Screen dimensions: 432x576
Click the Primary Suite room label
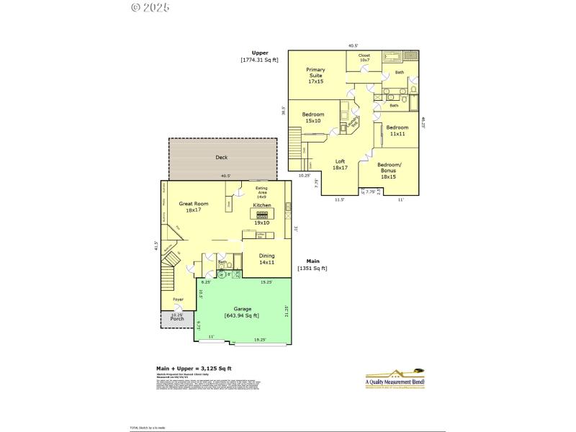pyautogui.click(x=315, y=76)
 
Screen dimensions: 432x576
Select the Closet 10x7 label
pyautogui.click(x=364, y=57)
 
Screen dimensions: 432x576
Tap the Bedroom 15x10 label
pyautogui.click(x=312, y=118)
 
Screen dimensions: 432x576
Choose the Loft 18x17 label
pyautogui.click(x=341, y=164)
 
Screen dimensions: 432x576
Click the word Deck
pyautogui.click(x=222, y=157)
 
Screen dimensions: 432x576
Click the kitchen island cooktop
pyautogui.click(x=261, y=214)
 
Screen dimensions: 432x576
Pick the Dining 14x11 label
pyautogui.click(x=266, y=258)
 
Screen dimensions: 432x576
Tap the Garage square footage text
pyautogui.click(x=241, y=315)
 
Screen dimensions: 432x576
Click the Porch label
pyautogui.click(x=176, y=318)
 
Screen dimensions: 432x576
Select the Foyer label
pyautogui.click(x=178, y=300)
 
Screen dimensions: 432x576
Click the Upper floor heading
pyautogui.click(x=259, y=53)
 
